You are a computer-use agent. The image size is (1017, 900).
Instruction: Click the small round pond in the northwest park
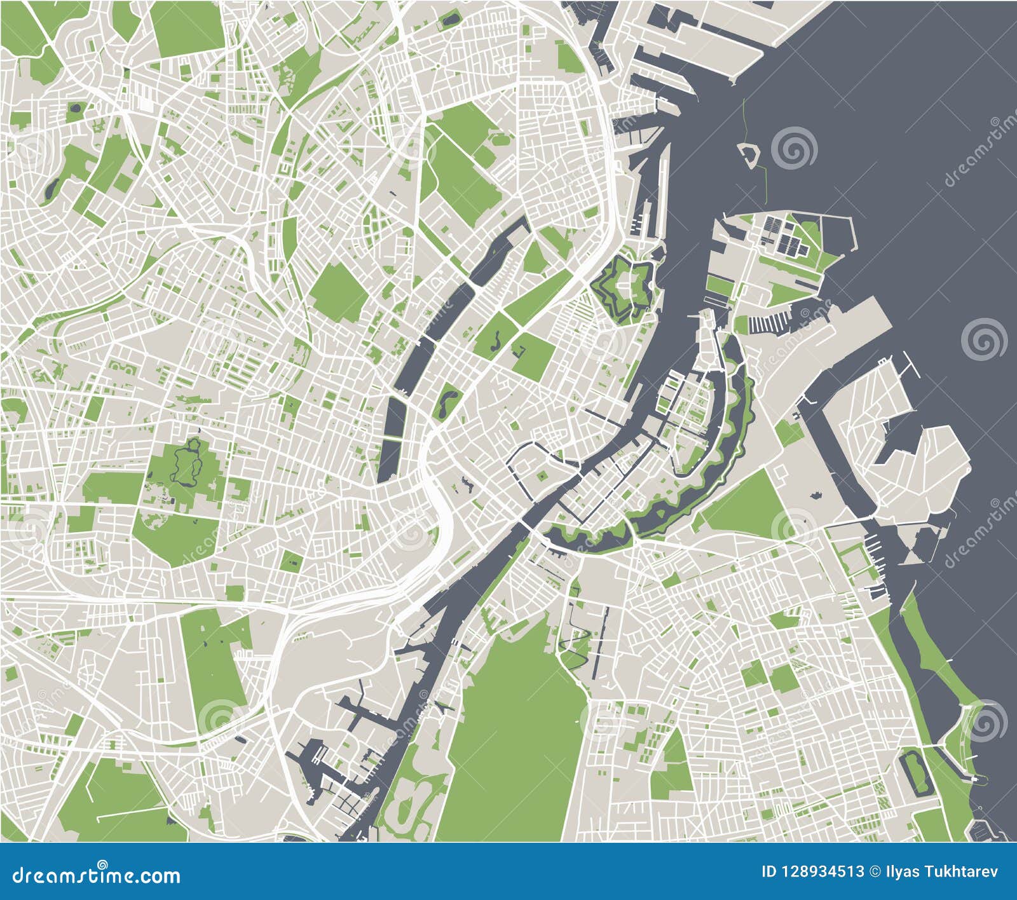point(76,108)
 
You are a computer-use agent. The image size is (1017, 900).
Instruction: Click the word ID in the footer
point(769,871)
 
